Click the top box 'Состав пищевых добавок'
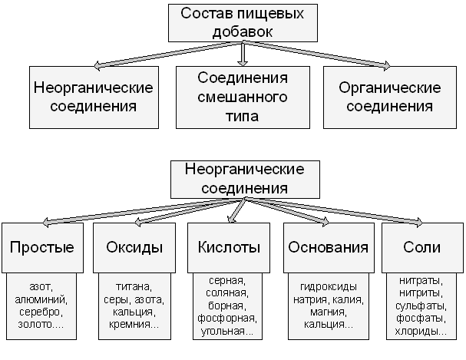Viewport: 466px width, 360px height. tap(243, 23)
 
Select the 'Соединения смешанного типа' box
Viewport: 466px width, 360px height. tap(243, 97)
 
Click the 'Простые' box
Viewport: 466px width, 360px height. tap(41, 247)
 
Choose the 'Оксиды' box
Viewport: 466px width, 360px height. tap(134, 247)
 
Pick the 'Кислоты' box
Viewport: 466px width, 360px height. tap(229, 247)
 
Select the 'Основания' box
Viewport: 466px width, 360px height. tap(328, 247)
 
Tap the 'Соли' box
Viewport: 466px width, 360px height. tap(421, 247)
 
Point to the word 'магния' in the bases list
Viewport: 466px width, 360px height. tap(328, 312)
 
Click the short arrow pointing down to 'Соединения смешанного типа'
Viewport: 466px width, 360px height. tap(243, 54)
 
